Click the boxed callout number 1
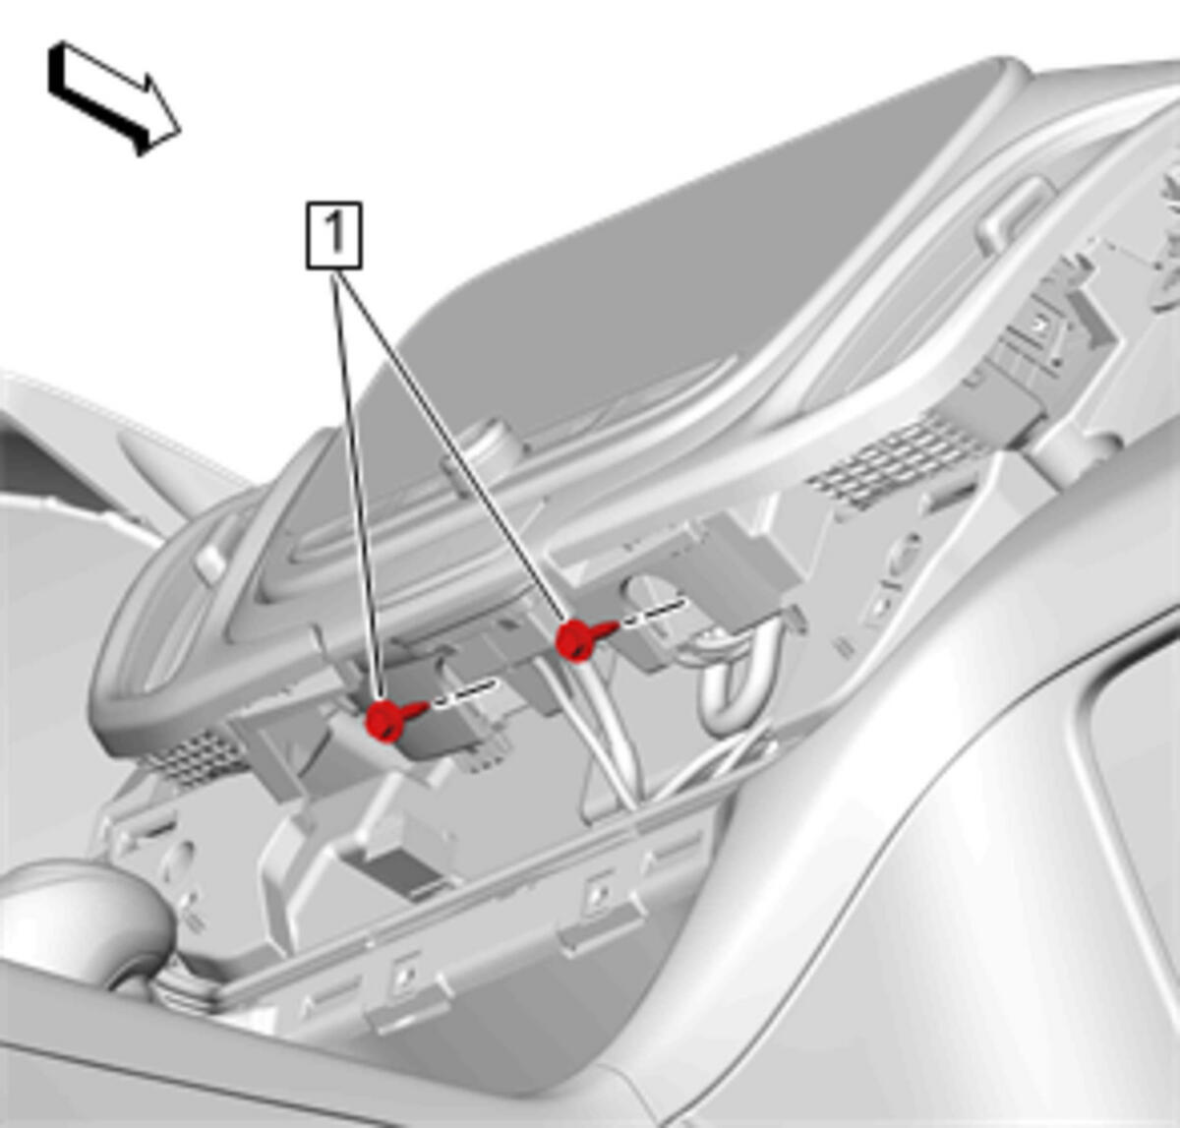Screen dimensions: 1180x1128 coord(333,235)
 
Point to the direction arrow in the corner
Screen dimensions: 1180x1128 coord(114,97)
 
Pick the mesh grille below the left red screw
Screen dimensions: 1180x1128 coord(194,759)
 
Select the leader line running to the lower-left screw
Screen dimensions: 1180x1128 coord(358,485)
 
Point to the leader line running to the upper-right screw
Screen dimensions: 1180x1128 coord(451,445)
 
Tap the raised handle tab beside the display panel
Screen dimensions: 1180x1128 coord(1013,212)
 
